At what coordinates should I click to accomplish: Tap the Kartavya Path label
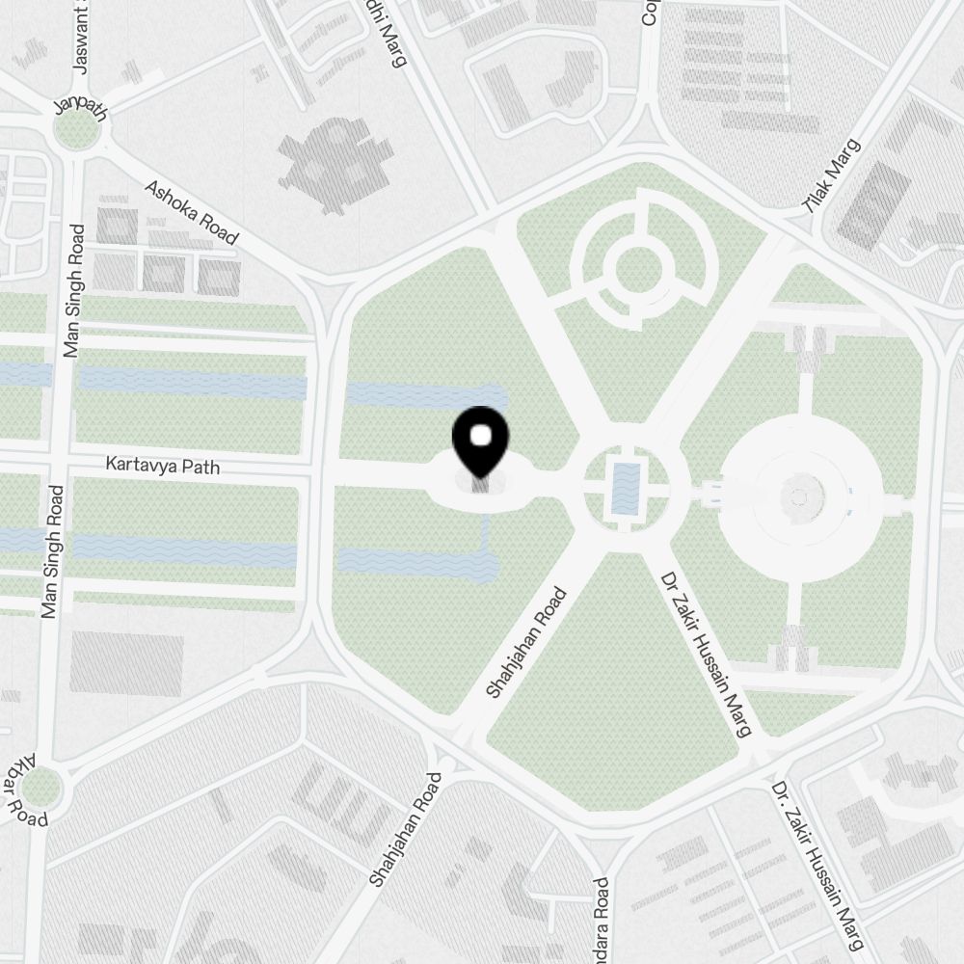tap(163, 467)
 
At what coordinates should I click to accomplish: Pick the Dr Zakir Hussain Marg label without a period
tap(706, 655)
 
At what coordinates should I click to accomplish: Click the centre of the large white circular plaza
tap(798, 497)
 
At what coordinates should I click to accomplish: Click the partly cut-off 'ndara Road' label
tap(602, 920)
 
